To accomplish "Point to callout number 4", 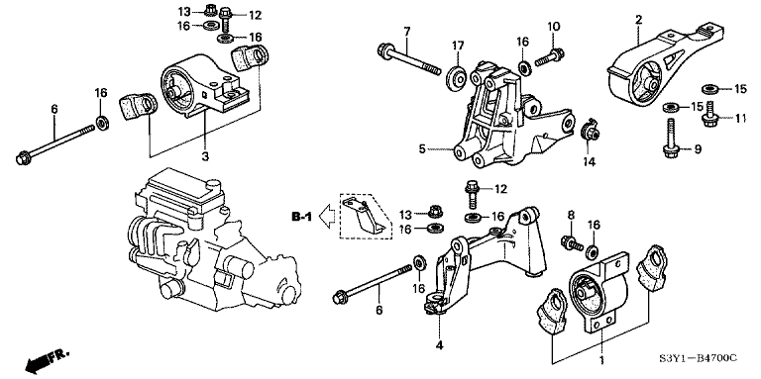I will [x=438, y=345].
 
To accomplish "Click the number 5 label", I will [x=422, y=149].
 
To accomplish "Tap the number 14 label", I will [x=588, y=161].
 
